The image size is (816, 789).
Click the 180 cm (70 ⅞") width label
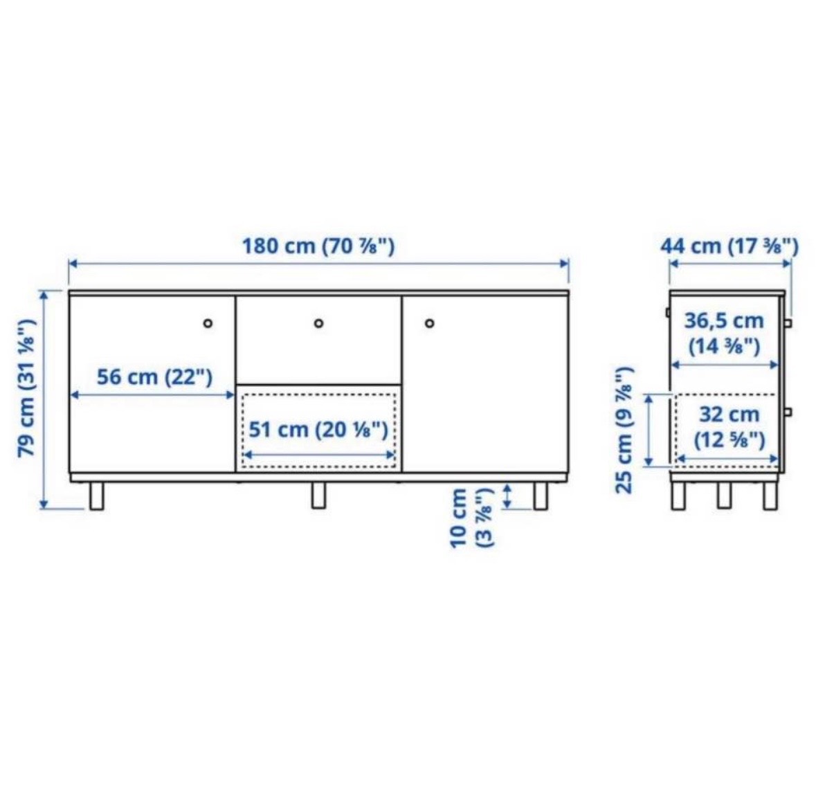tap(318, 246)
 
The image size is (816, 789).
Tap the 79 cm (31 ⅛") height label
tap(27, 388)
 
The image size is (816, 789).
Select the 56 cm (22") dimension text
tap(154, 377)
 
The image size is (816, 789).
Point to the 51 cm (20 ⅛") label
tap(318, 430)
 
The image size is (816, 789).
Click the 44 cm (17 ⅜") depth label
tap(729, 246)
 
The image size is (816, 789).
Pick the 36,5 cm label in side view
tap(724, 320)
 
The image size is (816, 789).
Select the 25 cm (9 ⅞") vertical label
tap(624, 430)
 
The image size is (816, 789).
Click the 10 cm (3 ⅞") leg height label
tap(473, 518)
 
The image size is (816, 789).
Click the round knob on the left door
tap(208, 324)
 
